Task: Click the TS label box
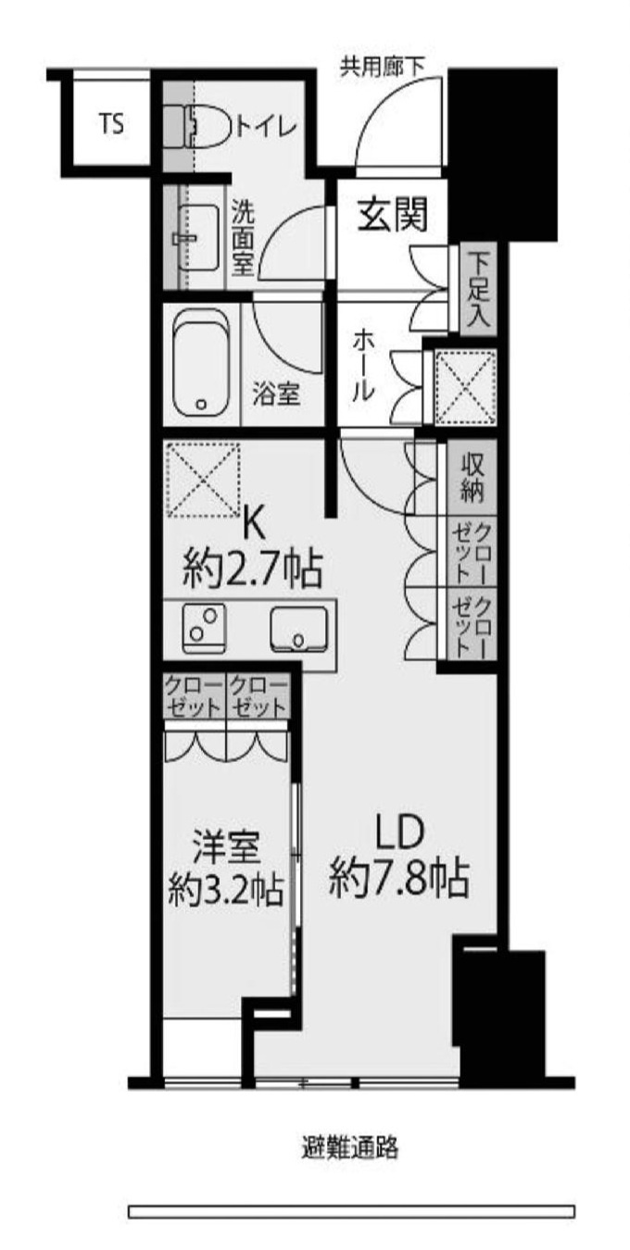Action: tap(111, 124)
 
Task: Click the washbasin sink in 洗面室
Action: tap(196, 237)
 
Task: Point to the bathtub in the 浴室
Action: tap(202, 366)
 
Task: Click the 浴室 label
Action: tap(277, 394)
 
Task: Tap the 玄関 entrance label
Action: tap(394, 217)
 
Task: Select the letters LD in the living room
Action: tap(399, 830)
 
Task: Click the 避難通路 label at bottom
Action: tap(351, 1149)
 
